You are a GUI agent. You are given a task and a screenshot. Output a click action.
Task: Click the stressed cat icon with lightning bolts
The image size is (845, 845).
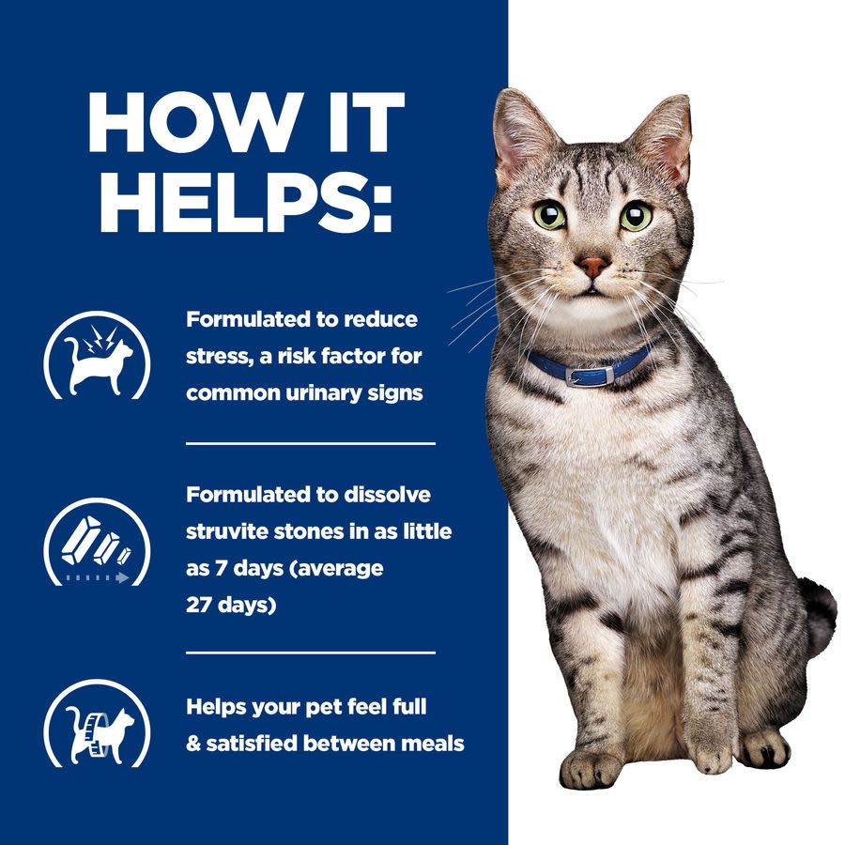(x=97, y=356)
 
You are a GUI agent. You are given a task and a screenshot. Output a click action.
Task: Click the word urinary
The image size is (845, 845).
(x=322, y=392)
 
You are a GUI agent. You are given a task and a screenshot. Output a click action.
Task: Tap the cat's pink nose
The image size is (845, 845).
(x=592, y=265)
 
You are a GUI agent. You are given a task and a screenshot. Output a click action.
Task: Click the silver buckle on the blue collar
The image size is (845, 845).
(x=602, y=375)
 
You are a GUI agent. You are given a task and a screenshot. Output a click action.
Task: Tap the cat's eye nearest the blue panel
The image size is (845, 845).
(x=551, y=215)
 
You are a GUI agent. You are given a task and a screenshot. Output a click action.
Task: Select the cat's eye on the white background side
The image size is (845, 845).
(x=636, y=216)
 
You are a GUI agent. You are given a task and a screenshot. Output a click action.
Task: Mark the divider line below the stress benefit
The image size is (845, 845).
(x=310, y=442)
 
